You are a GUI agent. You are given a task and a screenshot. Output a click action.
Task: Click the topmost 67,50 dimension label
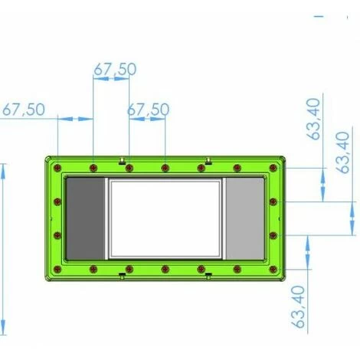pyautogui.click(x=115, y=69)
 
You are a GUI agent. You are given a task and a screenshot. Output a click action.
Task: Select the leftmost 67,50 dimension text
pyautogui.click(x=24, y=110)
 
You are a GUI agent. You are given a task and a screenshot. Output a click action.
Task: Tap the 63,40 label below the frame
pyautogui.click(x=298, y=306)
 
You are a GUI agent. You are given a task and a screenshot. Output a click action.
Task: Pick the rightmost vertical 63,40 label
pyautogui.click(x=342, y=152)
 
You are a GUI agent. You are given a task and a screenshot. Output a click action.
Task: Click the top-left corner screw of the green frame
pyautogui.click(x=58, y=168)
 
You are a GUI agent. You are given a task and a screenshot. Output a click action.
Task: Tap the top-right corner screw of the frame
pyautogui.click(x=273, y=168)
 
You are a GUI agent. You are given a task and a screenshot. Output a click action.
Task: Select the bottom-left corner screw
pyautogui.click(x=58, y=269)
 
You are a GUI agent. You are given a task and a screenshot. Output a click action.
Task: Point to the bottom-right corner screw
pyautogui.click(x=273, y=269)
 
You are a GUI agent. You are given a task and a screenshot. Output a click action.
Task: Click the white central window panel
pyautogui.click(x=165, y=218)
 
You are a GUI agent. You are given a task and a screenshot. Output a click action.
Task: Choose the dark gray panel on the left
pyautogui.click(x=85, y=218)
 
